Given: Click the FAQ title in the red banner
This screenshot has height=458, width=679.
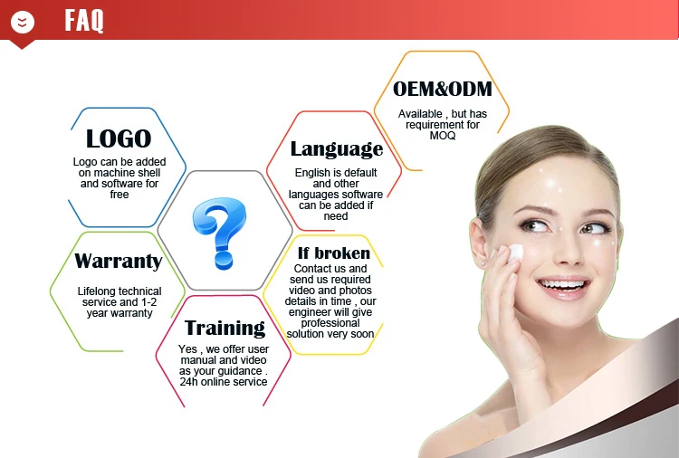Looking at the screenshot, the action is pyautogui.click(x=84, y=20).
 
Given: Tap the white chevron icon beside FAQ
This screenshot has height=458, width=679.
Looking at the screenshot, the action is pyautogui.click(x=23, y=22).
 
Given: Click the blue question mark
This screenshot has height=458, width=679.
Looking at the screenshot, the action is pyautogui.click(x=220, y=233).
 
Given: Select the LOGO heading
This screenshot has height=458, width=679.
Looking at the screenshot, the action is pyautogui.click(x=119, y=138).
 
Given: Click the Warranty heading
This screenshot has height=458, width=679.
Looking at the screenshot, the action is pyautogui.click(x=119, y=261).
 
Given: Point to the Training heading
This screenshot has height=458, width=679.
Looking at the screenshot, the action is pyautogui.click(x=225, y=328).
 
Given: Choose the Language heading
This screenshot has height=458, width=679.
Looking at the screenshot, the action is pyautogui.click(x=337, y=149).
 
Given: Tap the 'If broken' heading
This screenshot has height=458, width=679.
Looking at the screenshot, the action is pyautogui.click(x=334, y=253).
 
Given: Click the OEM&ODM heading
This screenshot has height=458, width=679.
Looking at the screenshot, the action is pyautogui.click(x=443, y=89).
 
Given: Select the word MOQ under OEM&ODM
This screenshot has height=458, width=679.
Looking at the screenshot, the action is pyautogui.click(x=443, y=136).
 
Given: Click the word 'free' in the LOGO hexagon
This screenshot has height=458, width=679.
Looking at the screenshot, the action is pyautogui.click(x=120, y=195).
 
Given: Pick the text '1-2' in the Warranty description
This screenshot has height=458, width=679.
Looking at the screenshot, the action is pyautogui.click(x=148, y=301).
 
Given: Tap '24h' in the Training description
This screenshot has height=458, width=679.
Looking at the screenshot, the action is pyautogui.click(x=189, y=382).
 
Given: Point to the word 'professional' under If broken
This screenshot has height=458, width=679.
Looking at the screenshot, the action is pyautogui.click(x=330, y=323).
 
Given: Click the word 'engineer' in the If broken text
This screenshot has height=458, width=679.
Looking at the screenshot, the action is pyautogui.click(x=309, y=312).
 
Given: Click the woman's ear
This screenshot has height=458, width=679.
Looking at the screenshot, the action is pyautogui.click(x=480, y=239).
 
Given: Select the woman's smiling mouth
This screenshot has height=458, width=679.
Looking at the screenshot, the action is pyautogui.click(x=562, y=288).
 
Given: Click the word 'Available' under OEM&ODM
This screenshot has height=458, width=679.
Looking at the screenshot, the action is pyautogui.click(x=420, y=114).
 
